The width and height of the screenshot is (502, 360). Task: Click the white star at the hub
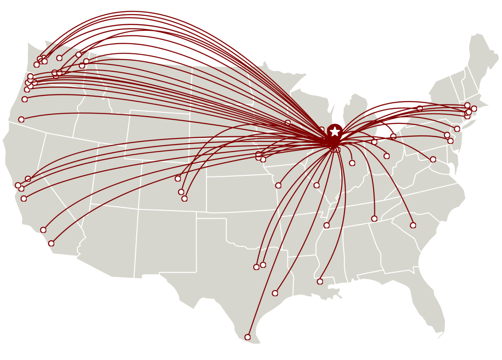pyautogui.click(x=335, y=132)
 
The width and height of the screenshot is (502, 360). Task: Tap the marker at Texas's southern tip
pyautogui.click(x=248, y=337)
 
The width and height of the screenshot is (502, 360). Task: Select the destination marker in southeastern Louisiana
pyautogui.click(x=320, y=281)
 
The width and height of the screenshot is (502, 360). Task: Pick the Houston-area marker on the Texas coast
pyautogui.click(x=275, y=293)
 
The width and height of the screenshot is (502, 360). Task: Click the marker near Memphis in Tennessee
pyautogui.click(x=327, y=226)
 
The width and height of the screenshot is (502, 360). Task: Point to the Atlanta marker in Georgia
pyautogui.click(x=374, y=219)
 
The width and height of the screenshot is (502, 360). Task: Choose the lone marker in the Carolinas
pyautogui.click(x=413, y=225)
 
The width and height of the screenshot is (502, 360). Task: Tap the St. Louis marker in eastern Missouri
pyautogui.click(x=316, y=186)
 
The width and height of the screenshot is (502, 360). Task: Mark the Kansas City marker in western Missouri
pyautogui.click(x=278, y=186)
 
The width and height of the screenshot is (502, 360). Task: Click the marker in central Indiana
pyautogui.click(x=352, y=163)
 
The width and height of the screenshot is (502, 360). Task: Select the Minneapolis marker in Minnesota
pyautogui.click(x=288, y=123)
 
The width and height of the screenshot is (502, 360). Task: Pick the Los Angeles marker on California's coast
pyautogui.click(x=43, y=230)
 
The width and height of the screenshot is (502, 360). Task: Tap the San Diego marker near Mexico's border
pyautogui.click(x=51, y=243)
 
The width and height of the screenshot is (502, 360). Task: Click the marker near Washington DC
pyautogui.click(x=433, y=159)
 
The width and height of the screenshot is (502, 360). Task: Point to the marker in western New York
pyautogui.click(x=420, y=109)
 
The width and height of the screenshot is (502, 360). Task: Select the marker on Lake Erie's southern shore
pyautogui.click(x=393, y=136)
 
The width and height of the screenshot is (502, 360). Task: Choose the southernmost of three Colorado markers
pyautogui.click(x=185, y=198)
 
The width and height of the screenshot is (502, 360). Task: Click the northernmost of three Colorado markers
pyautogui.click(x=178, y=179)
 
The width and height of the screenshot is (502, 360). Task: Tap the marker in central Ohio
pyautogui.click(x=386, y=156)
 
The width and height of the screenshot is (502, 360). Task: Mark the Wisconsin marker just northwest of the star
pyautogui.click(x=321, y=130)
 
